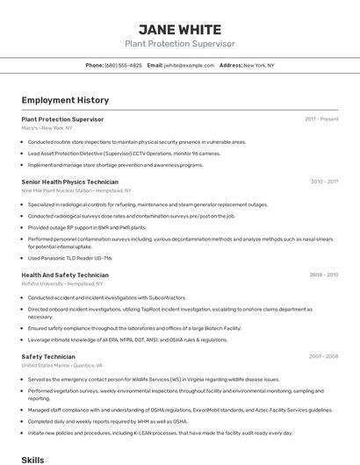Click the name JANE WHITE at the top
tap(179, 28)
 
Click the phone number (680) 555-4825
tap(123, 65)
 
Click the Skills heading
tap(32, 459)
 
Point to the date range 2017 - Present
tap(321, 118)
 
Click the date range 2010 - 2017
tap(324, 182)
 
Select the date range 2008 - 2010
tap(323, 275)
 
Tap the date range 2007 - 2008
tap(323, 356)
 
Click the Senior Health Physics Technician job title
tap(69, 182)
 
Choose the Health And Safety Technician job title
tap(65, 275)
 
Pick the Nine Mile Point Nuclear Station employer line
tap(76, 190)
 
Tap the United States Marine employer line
tap(61, 365)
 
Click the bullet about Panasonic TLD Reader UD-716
tap(70, 258)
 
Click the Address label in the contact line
tap(231, 65)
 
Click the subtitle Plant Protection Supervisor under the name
tap(179, 43)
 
